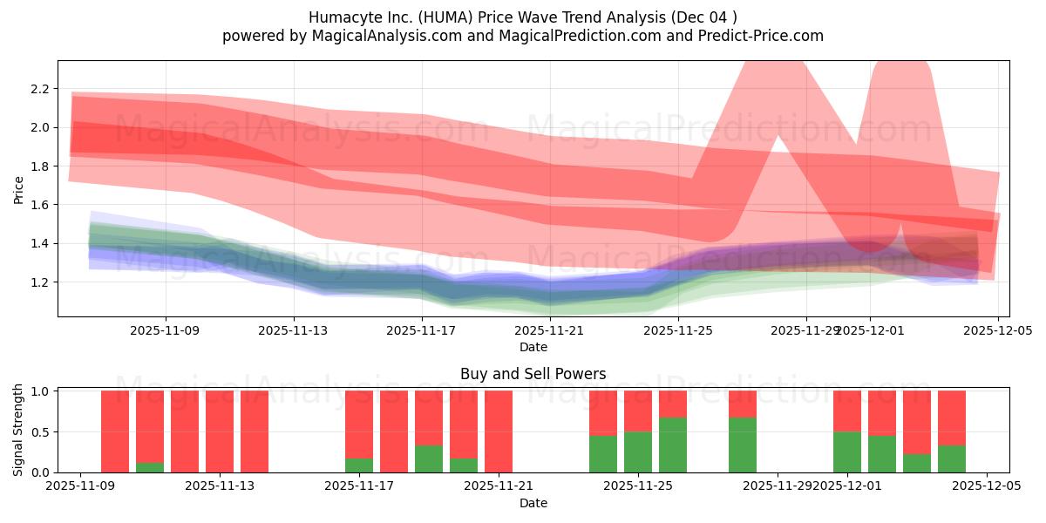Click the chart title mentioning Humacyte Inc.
(x=522, y=17)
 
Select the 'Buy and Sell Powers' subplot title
(x=533, y=374)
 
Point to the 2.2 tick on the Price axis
(x=38, y=89)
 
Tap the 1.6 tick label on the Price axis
(x=38, y=205)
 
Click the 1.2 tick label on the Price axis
(x=38, y=282)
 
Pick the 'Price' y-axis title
(x=19, y=188)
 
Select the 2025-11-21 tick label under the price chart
(x=550, y=331)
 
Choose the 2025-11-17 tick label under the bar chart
(x=359, y=486)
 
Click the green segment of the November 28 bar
(x=743, y=445)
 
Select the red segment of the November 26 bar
(x=673, y=404)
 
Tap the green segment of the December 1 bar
(x=847, y=452)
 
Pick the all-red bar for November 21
(x=499, y=431)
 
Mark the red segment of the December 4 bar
(x=952, y=418)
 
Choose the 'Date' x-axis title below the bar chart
(x=533, y=503)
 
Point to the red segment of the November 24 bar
(x=603, y=412)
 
